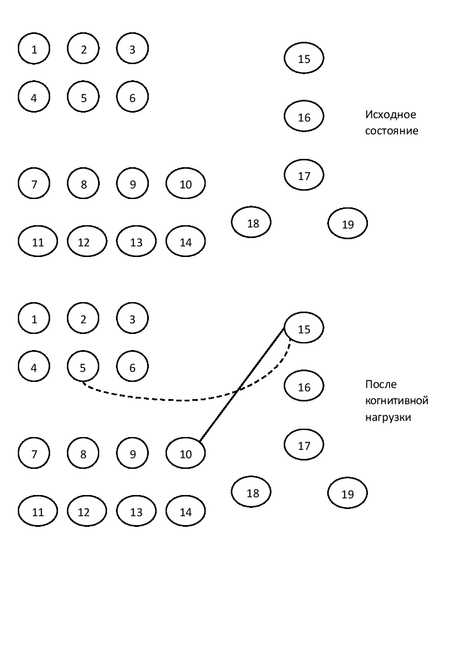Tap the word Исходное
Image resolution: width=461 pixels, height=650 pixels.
(x=391, y=115)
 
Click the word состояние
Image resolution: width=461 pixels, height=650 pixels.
(x=391, y=132)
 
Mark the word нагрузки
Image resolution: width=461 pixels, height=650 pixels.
(x=388, y=418)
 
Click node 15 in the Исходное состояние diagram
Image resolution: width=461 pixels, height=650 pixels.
(x=304, y=59)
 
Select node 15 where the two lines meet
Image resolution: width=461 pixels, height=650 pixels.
(x=304, y=329)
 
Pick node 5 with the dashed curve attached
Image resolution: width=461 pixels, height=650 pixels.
(x=83, y=367)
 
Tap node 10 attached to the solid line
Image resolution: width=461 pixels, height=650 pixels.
(x=186, y=454)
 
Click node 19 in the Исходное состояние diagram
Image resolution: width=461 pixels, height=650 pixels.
(x=348, y=224)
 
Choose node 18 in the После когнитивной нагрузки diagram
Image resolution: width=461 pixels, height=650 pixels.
(x=253, y=493)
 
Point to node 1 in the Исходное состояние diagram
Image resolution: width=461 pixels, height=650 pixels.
(x=34, y=49)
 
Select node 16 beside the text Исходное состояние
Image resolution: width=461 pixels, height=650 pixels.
(x=304, y=117)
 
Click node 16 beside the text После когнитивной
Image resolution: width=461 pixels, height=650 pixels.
(x=304, y=386)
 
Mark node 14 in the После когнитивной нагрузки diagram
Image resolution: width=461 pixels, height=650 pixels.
(x=186, y=512)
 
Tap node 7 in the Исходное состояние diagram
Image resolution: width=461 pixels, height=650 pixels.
(x=34, y=183)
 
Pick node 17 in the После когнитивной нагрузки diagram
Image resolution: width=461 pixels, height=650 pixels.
(x=304, y=445)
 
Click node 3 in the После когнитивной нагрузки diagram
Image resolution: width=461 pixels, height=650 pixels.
(x=132, y=319)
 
